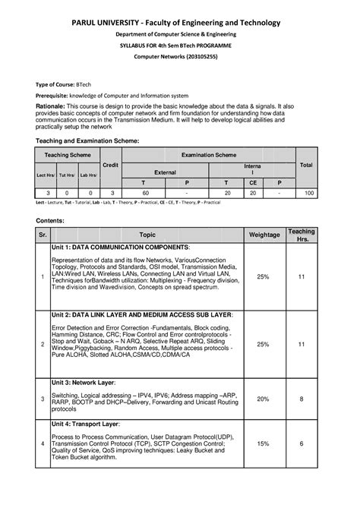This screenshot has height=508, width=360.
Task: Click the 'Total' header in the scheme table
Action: point(307,164)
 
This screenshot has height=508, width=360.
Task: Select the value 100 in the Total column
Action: point(308,194)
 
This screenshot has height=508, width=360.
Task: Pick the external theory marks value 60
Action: point(144,194)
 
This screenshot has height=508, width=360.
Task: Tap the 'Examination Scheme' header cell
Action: point(209,155)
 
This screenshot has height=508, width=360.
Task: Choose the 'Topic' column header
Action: point(147,235)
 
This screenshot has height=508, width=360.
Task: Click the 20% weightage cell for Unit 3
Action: point(263,399)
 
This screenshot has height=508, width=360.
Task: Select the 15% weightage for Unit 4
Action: point(263,443)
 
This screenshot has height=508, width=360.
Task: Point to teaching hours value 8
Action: point(302,399)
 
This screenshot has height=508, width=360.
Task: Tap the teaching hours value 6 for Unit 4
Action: point(302,443)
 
